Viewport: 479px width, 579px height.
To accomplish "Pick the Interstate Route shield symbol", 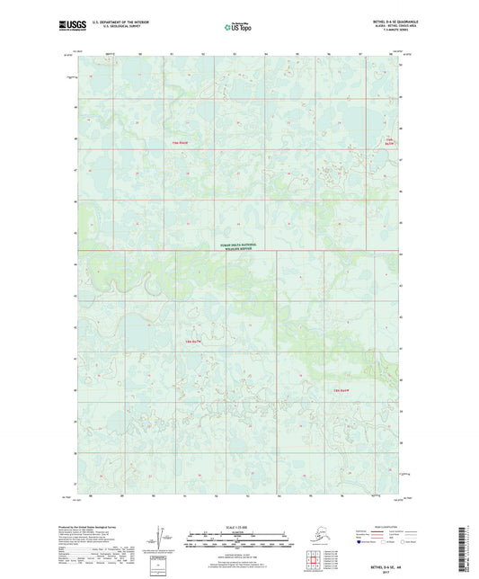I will pyautogui.click(x=359, y=543).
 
